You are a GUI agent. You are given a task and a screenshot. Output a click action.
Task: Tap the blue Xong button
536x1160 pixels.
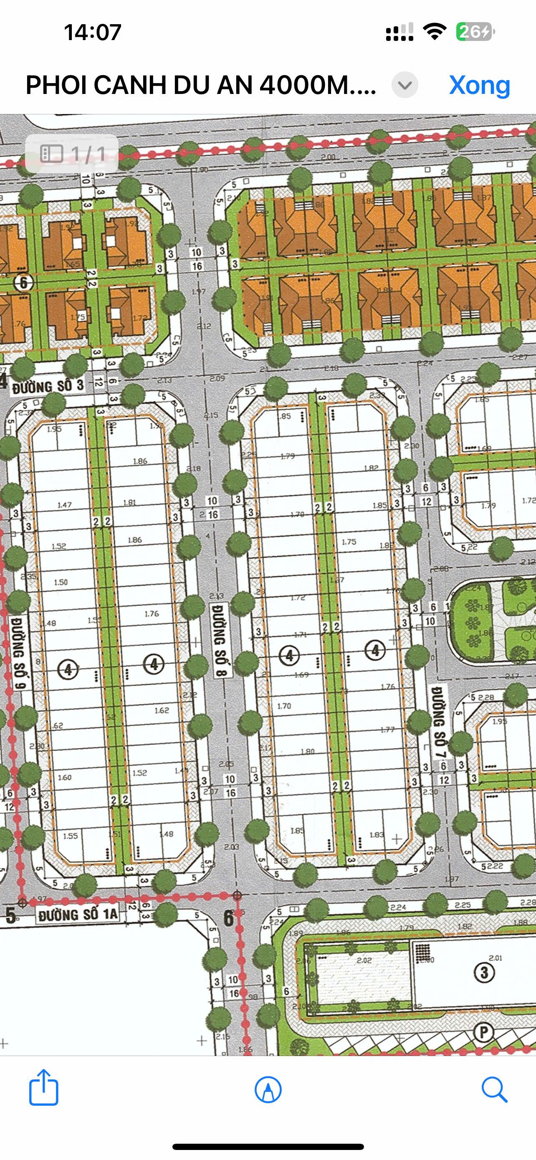(479, 85)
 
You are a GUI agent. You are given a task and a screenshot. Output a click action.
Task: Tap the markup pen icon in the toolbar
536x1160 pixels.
(268, 1090)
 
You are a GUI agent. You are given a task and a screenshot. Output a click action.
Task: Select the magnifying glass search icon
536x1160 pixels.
(494, 1090)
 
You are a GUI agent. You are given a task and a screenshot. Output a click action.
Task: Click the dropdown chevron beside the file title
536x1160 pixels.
(405, 85)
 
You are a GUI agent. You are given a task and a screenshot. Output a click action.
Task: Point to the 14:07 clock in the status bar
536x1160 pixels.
(93, 33)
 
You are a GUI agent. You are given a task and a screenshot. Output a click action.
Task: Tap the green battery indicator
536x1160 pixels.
(475, 32)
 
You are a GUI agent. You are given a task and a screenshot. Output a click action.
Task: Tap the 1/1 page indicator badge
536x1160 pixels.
(72, 154)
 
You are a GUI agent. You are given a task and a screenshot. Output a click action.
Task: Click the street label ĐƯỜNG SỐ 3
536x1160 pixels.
(48, 386)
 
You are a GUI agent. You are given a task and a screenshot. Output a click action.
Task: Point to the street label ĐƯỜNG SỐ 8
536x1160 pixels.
(220, 640)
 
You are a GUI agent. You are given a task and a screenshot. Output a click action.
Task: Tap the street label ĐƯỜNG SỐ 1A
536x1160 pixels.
(77, 914)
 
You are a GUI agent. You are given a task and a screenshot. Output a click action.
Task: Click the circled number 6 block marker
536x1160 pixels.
(23, 283)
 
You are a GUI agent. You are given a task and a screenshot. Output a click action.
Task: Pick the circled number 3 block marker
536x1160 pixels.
(484, 972)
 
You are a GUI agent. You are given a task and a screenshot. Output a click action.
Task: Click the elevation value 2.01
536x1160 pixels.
(495, 958)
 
